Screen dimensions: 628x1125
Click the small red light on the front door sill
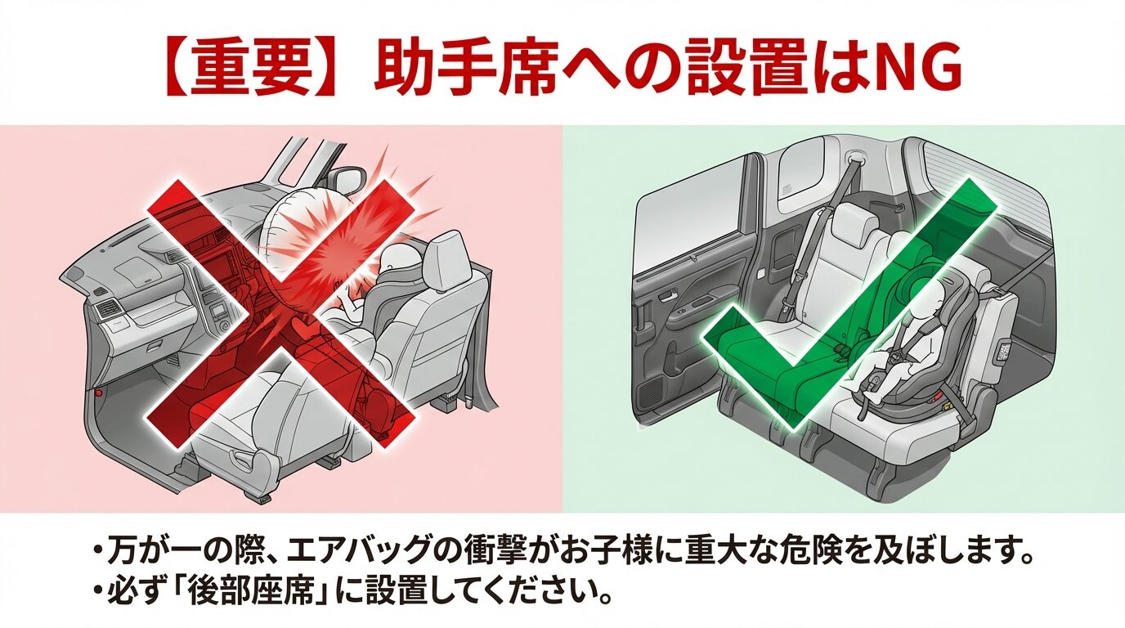98,395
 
